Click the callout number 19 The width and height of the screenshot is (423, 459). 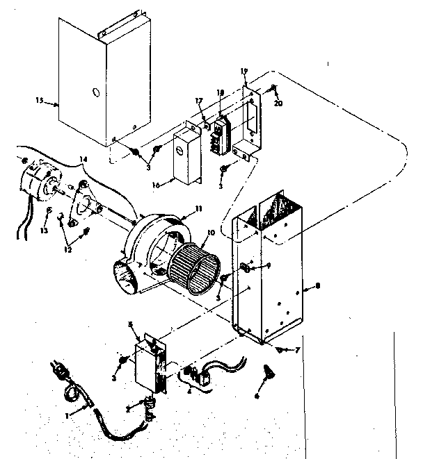[x=245, y=71]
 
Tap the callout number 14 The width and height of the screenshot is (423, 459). [x=85, y=160]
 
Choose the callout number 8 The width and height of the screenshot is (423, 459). [x=317, y=284]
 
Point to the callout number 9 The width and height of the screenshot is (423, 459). [x=268, y=265]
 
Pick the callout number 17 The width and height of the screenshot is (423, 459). [x=199, y=102]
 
